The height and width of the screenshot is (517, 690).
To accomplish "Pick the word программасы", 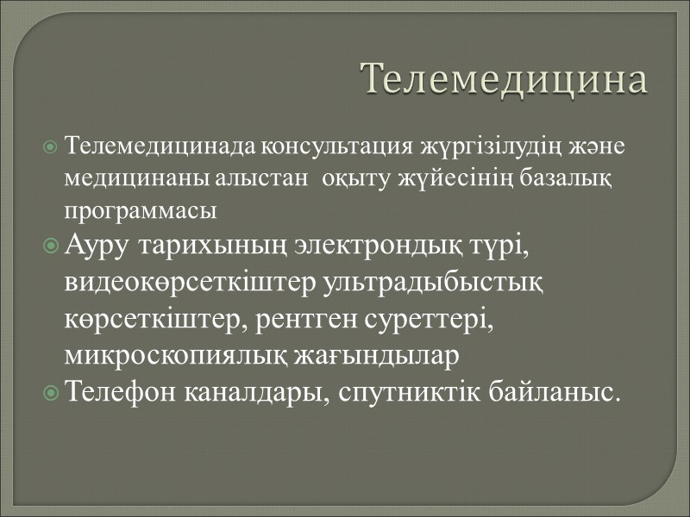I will click(x=139, y=209).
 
